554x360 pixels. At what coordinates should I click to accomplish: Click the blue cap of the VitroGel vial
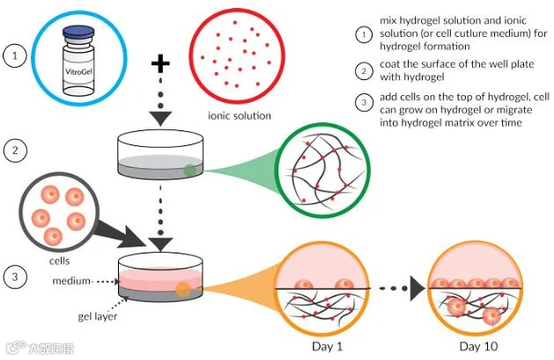(78, 32)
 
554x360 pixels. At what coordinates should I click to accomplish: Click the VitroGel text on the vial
(78, 71)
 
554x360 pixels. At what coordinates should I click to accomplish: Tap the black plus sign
(160, 63)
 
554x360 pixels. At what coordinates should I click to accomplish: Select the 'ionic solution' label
(240, 116)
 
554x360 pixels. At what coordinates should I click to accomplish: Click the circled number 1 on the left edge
(15, 55)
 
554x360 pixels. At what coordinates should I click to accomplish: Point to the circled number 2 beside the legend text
(364, 71)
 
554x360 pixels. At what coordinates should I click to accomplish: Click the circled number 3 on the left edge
(15, 276)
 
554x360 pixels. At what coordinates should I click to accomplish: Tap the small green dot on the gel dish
(189, 170)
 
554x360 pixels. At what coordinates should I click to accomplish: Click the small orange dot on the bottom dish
(183, 290)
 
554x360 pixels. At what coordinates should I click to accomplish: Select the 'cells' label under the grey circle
(59, 261)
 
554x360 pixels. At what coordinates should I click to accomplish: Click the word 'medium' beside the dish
(71, 281)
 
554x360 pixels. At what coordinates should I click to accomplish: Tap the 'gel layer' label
(97, 317)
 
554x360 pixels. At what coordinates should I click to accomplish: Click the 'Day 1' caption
(327, 346)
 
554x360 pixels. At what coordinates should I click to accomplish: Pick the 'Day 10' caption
(478, 346)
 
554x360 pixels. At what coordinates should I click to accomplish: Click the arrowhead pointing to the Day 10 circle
(417, 289)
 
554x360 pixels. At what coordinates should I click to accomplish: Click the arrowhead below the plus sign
(161, 119)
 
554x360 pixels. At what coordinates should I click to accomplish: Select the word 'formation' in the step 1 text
(448, 47)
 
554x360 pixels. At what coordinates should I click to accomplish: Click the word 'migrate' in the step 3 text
(514, 110)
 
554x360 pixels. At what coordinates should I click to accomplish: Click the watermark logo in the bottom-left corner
(16, 348)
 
